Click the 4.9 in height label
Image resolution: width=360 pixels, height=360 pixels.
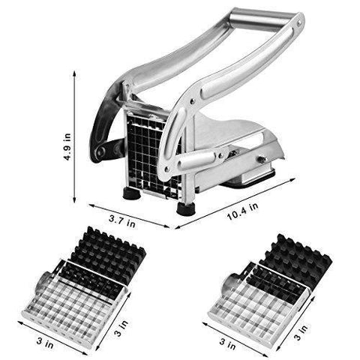67,147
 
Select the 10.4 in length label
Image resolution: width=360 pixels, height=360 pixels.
242,211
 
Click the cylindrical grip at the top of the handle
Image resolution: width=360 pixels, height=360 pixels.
261,19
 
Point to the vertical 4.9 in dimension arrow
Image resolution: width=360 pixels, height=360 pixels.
74,137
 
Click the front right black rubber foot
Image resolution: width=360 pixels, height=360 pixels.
185,208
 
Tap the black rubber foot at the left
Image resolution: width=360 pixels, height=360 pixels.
131,193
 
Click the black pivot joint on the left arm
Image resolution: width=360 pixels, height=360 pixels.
101,151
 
